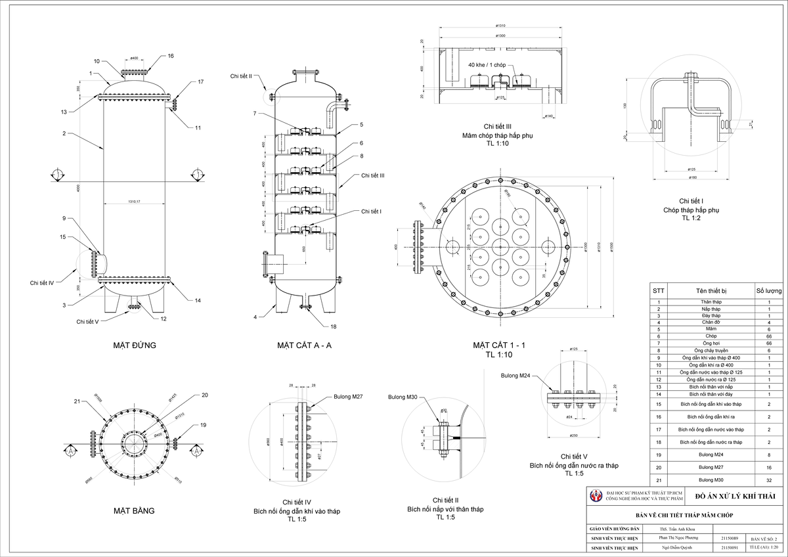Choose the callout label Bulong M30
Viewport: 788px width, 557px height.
[402, 397]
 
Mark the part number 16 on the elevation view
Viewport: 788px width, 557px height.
[171, 56]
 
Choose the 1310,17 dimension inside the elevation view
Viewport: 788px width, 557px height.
[135, 202]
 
